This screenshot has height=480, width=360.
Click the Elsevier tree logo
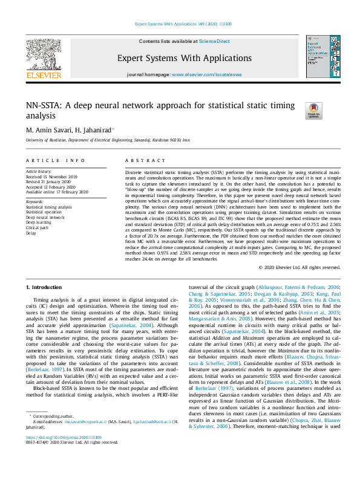point(44,58)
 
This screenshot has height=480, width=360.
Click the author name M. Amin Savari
point(51,130)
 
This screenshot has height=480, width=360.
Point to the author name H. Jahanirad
point(96,130)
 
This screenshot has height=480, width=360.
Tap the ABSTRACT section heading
point(143,160)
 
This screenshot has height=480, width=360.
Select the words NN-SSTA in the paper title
point(44,105)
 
